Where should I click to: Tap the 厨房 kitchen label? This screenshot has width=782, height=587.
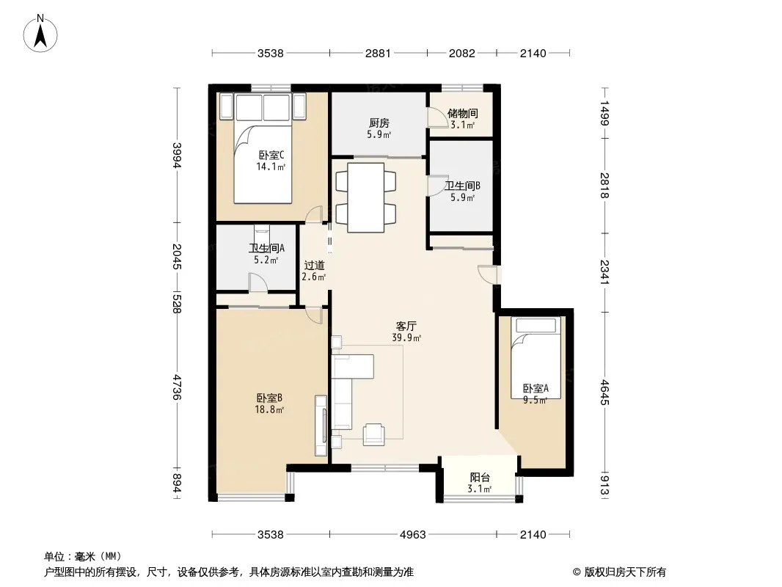(x=379, y=123)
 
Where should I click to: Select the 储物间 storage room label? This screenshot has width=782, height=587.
(x=462, y=113)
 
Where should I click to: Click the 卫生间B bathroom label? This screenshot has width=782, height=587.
(x=462, y=186)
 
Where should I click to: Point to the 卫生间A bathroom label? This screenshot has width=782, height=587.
(x=267, y=248)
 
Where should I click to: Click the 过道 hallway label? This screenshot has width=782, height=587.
(x=314, y=266)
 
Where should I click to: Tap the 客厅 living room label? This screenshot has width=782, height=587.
(x=406, y=327)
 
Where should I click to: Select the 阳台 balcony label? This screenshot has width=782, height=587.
(x=480, y=477)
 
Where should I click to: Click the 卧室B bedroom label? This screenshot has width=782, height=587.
(x=269, y=398)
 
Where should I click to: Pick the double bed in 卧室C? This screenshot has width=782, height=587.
(x=263, y=148)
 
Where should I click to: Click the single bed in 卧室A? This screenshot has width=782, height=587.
(x=536, y=358)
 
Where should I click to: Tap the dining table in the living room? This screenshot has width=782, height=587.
(x=365, y=197)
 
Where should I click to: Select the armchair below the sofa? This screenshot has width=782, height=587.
(x=373, y=434)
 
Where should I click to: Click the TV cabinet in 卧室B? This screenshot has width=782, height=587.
(x=321, y=426)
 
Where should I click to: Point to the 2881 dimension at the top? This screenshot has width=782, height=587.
(x=378, y=53)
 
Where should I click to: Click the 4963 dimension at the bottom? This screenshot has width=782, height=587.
(x=413, y=535)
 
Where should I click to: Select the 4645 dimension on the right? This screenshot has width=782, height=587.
(x=604, y=393)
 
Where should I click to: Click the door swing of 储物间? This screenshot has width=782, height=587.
(x=435, y=117)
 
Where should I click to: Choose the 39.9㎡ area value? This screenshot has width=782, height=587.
(x=406, y=338)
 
